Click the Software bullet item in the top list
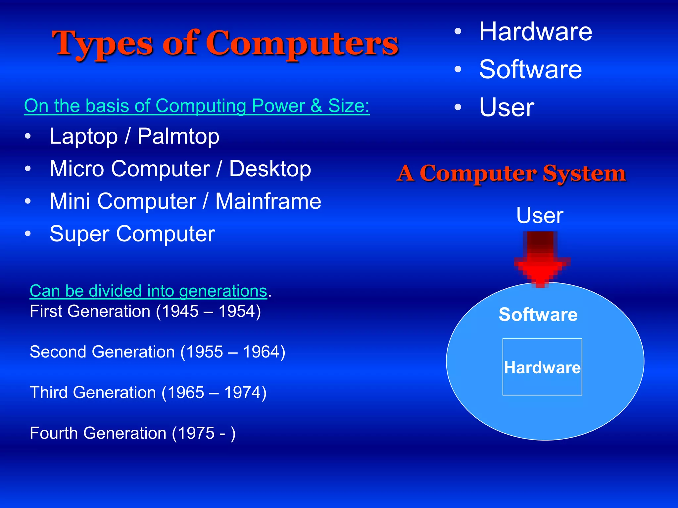click(x=530, y=69)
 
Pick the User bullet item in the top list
click(x=507, y=107)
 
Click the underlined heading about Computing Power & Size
click(x=197, y=106)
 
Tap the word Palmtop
click(x=178, y=136)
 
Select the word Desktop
click(x=270, y=169)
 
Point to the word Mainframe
click(x=268, y=201)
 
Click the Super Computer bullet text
click(x=132, y=234)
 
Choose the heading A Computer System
click(x=511, y=173)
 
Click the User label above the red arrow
click(x=540, y=215)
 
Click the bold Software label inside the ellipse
click(x=538, y=314)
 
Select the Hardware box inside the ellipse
click(x=542, y=367)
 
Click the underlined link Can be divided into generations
click(x=148, y=291)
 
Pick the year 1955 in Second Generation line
click(x=205, y=352)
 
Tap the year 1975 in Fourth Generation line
click(x=196, y=433)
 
